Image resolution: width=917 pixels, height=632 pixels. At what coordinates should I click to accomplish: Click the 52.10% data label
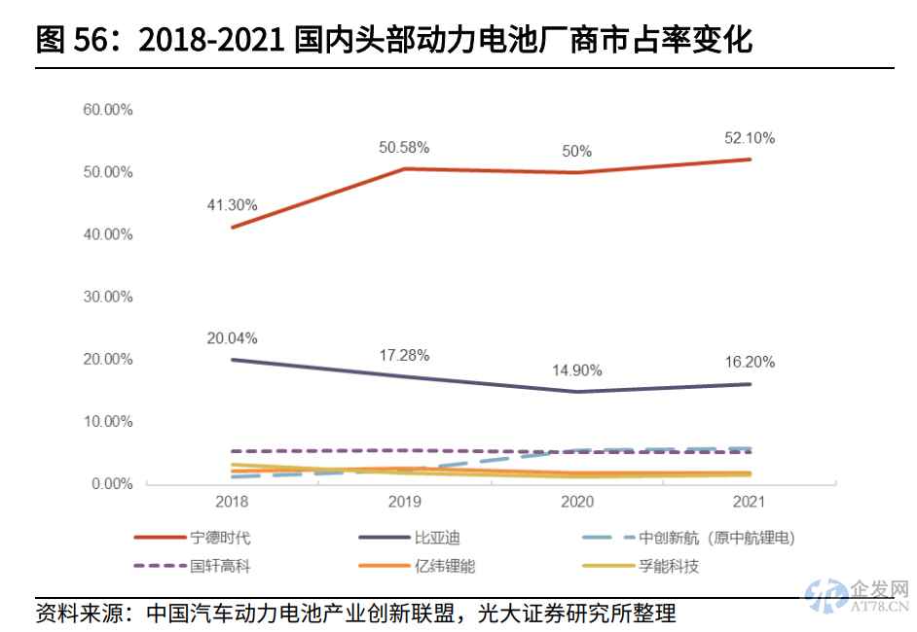[x=750, y=139]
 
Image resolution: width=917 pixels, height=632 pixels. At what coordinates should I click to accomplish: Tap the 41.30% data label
[x=232, y=205]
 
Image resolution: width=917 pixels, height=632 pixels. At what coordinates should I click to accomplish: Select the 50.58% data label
[x=404, y=148]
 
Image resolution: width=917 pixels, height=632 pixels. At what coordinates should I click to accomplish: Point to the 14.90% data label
[x=577, y=370]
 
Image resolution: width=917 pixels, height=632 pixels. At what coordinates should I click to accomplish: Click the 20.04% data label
[x=232, y=338]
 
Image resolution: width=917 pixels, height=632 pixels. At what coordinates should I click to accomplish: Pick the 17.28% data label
[x=404, y=355]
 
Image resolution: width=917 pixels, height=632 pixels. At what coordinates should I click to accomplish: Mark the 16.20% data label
[x=750, y=362]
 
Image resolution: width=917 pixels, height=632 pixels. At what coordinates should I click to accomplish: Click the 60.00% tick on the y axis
[x=107, y=110]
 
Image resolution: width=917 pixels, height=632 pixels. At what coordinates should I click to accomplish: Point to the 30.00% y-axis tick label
[x=107, y=297]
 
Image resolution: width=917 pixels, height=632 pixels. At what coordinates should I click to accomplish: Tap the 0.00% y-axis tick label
[x=111, y=484]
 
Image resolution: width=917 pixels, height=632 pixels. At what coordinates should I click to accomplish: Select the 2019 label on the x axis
[x=404, y=503]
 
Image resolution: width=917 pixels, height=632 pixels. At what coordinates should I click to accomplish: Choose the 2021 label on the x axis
[x=750, y=503]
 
